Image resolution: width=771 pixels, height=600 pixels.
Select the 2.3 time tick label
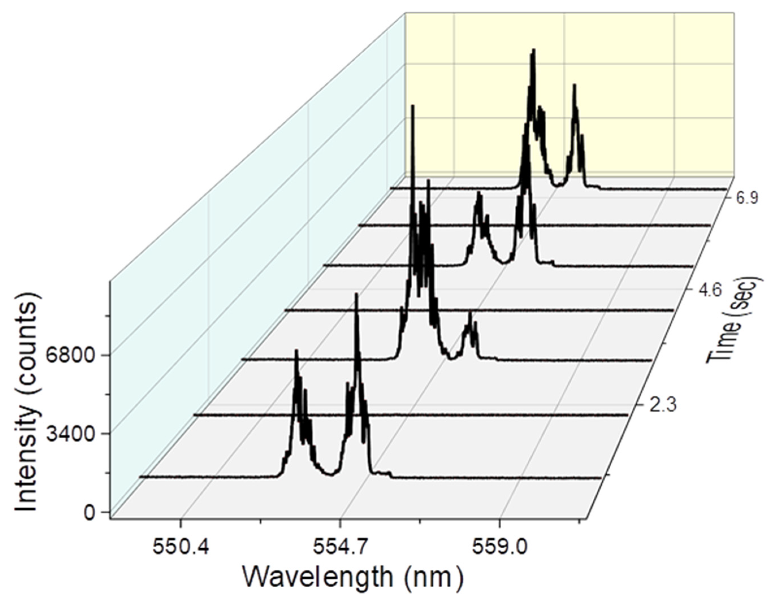pyautogui.click(x=663, y=406)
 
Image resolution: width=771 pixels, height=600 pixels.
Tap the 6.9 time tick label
pyautogui.click(x=743, y=199)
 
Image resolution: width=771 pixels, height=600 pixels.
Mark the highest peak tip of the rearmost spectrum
pyautogui.click(x=533, y=50)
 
